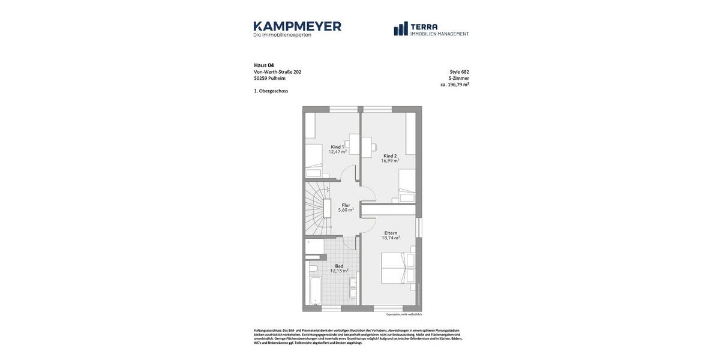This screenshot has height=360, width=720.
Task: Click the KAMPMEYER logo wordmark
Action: click(297, 26)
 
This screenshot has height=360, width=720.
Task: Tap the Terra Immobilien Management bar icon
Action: click(401, 29)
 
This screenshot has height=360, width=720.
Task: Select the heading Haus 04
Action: click(264, 65)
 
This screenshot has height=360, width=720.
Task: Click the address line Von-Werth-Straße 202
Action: click(277, 72)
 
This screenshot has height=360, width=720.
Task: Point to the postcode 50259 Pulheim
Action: click(269, 78)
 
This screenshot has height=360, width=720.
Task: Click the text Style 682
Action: click(459, 72)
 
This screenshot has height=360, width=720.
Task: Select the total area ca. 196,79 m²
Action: click(455, 85)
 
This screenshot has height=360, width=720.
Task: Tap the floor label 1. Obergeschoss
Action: click(271, 91)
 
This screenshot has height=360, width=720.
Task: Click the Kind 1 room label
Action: click(337, 147)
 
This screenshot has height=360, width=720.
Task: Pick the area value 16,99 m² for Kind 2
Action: click(390, 161)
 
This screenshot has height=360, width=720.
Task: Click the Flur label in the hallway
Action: click(346, 205)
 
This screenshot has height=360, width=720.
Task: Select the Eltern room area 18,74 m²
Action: click(391, 238)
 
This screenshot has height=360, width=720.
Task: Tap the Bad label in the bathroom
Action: click(339, 266)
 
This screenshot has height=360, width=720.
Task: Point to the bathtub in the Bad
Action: click(315, 291)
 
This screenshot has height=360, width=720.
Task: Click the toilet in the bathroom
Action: click(313, 268)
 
